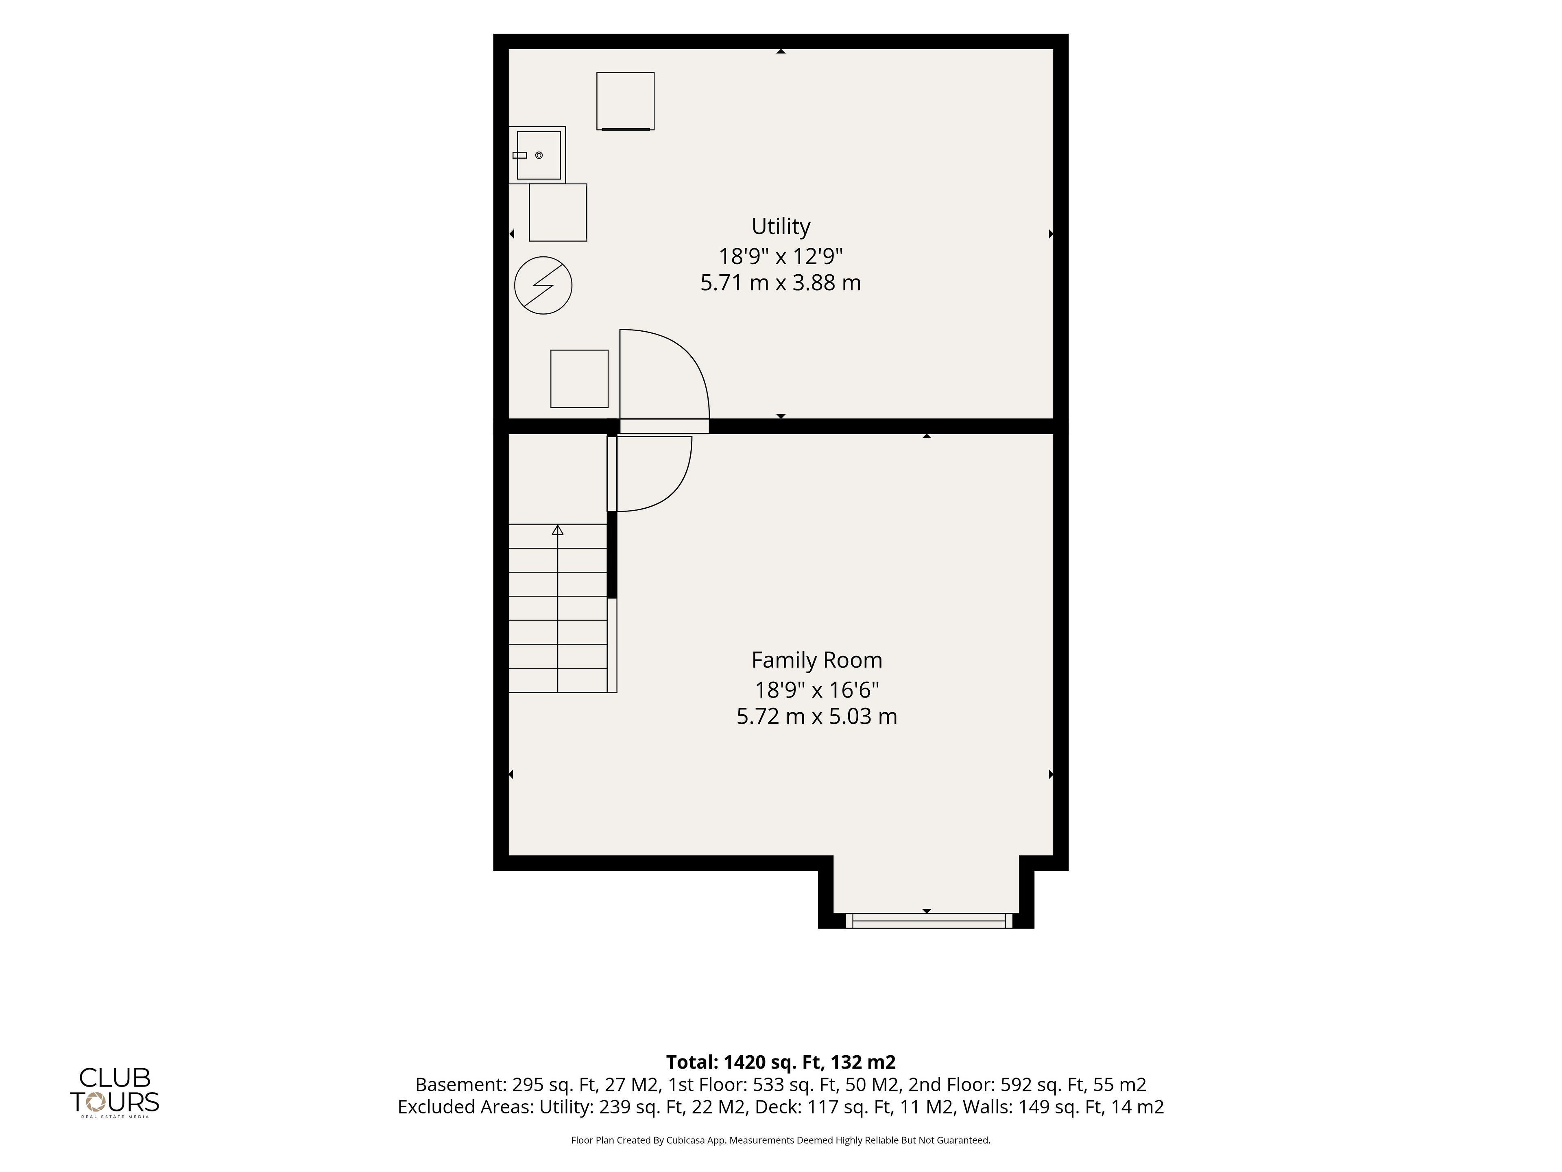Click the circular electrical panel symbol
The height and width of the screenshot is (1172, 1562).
tap(543, 285)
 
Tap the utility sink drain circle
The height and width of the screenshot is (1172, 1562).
tap(539, 155)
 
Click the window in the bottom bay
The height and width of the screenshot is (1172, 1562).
tap(929, 921)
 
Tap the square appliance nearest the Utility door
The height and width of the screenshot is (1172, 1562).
tap(579, 378)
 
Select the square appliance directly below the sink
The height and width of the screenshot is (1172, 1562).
tap(558, 212)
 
